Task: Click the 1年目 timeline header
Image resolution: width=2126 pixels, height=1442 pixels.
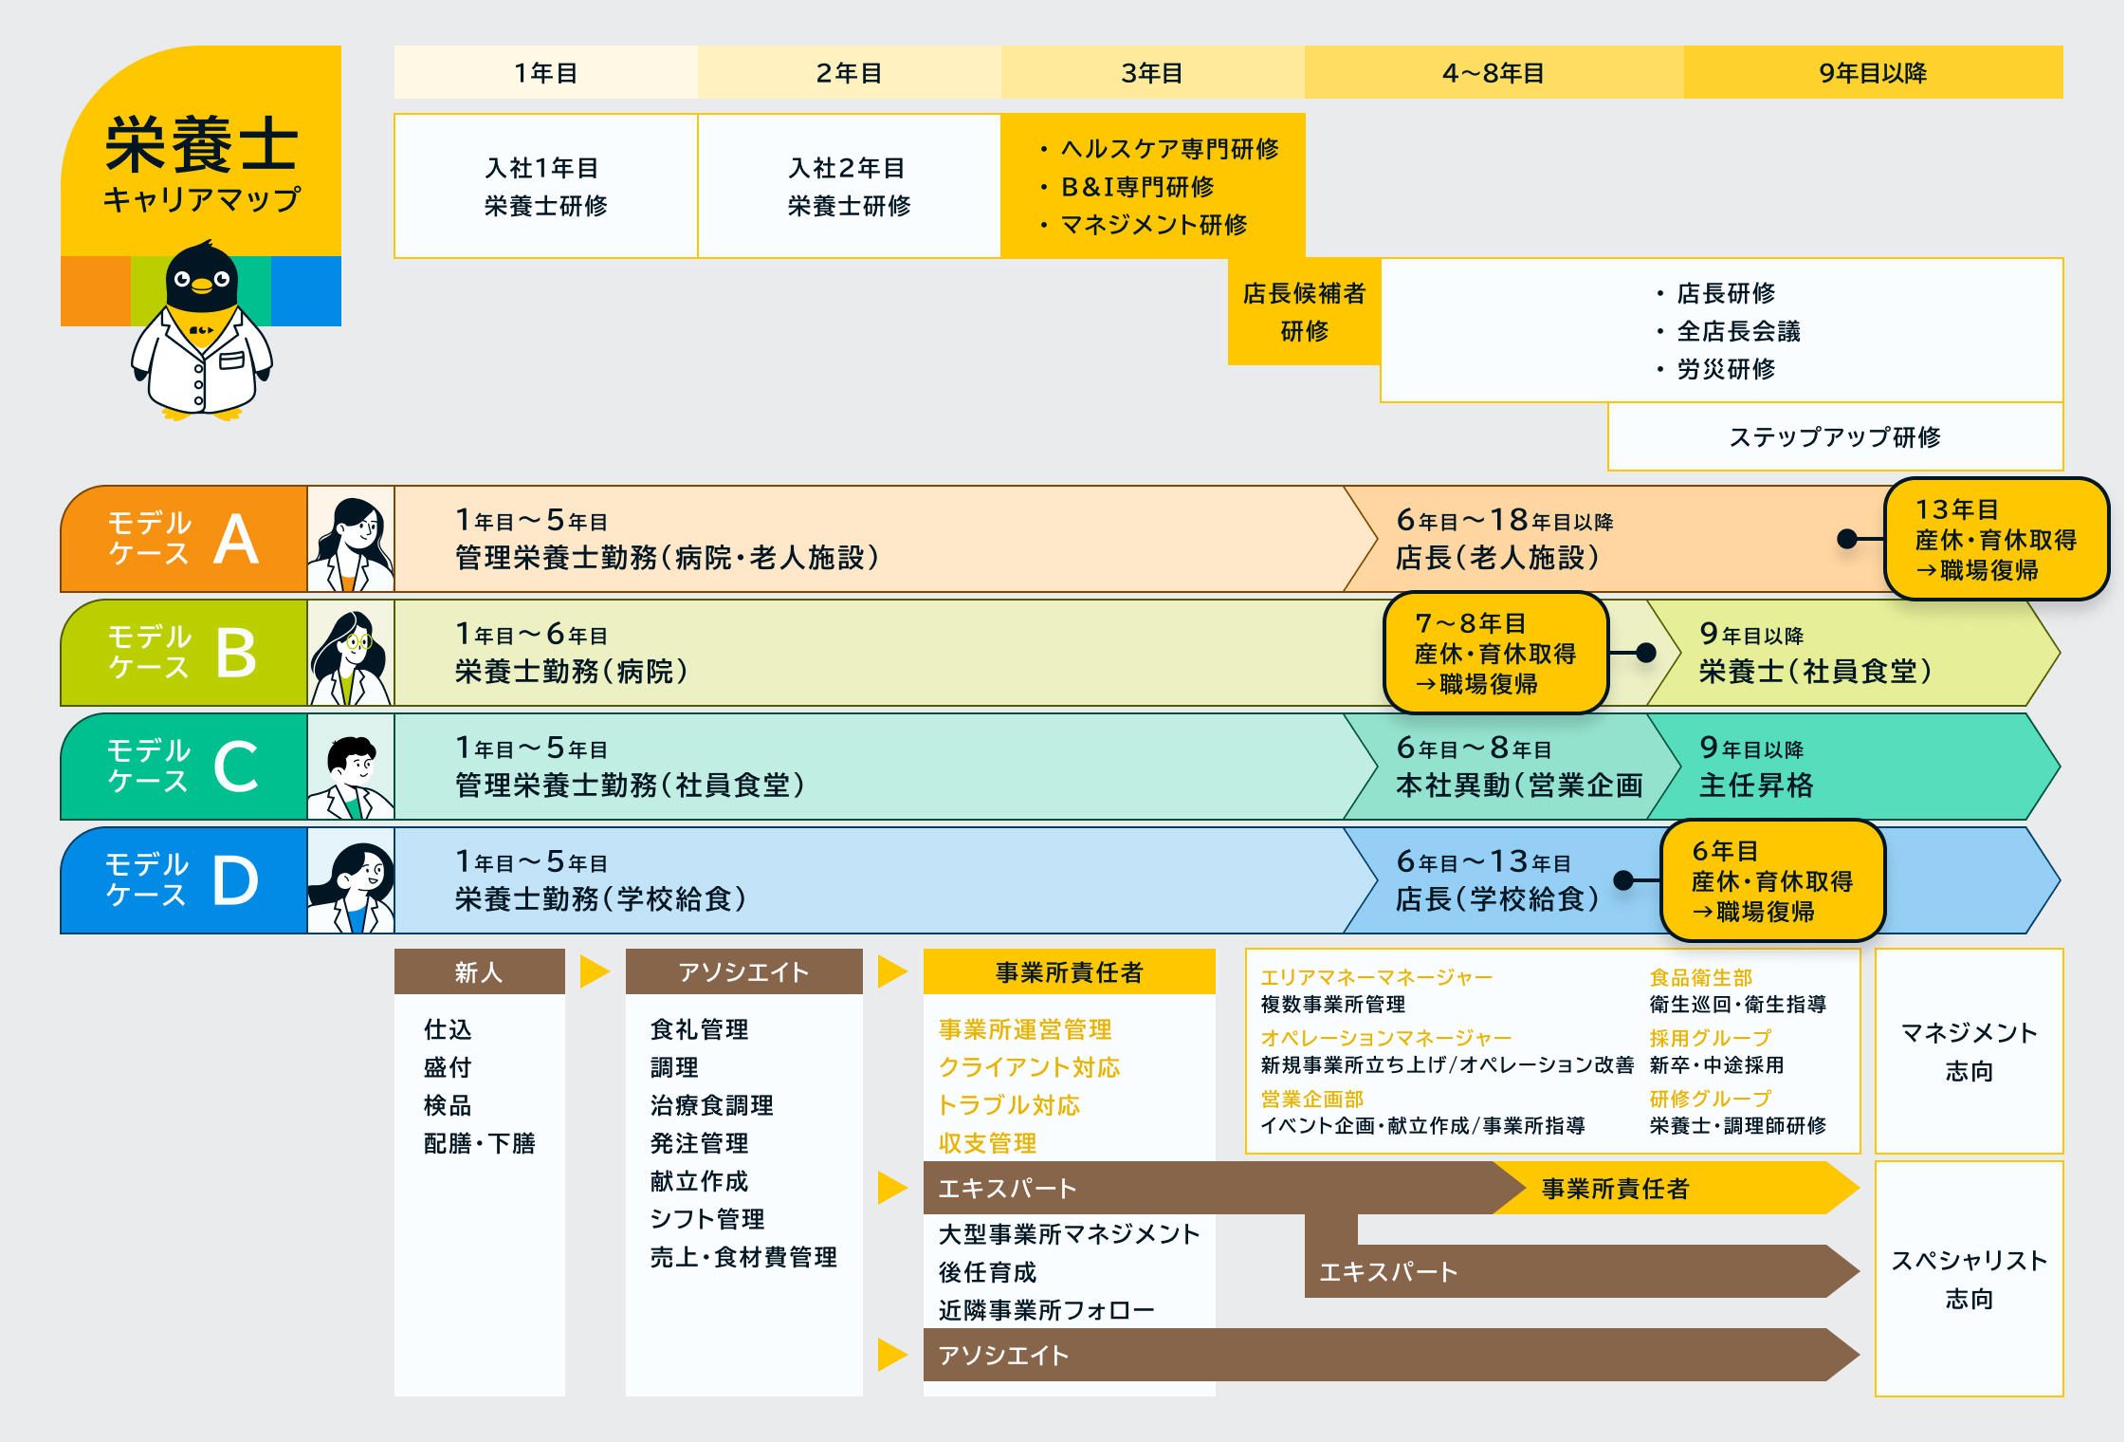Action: pos(546,72)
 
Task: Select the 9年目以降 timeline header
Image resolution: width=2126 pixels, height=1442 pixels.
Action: pos(1873,72)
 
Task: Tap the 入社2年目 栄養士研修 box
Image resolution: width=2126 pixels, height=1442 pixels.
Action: pos(849,186)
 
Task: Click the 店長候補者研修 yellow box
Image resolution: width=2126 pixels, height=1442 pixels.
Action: pos(1304,311)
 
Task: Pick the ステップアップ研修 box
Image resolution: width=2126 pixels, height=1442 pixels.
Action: pos(1835,436)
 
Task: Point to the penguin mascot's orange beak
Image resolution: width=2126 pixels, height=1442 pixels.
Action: pos(201,285)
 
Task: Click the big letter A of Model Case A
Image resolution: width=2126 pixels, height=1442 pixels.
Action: pos(236,539)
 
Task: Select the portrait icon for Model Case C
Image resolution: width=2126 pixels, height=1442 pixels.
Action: pos(351,767)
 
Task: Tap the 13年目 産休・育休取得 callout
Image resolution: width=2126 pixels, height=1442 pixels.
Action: pos(1996,539)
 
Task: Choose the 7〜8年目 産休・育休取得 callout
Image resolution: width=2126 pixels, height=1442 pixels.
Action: pos(1495,653)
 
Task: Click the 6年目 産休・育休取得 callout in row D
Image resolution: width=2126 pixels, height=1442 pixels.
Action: pos(1772,880)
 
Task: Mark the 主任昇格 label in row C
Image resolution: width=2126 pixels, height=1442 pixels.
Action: pos(1756,786)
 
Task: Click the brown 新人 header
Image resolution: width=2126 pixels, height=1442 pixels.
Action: pos(479,971)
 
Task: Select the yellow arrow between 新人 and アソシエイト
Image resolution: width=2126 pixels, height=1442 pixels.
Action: pos(595,971)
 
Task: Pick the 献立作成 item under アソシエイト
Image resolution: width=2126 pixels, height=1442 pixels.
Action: pos(700,1181)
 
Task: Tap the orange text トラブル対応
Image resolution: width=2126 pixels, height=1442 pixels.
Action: pos(1009,1105)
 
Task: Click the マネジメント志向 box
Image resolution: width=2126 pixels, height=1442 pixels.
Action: pos(1969,1051)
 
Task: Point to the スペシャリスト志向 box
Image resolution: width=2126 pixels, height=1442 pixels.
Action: pos(1969,1279)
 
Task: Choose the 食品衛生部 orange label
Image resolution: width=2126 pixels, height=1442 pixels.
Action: pos(1700,977)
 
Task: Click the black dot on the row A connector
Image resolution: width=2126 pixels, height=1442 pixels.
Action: pos(1846,539)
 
